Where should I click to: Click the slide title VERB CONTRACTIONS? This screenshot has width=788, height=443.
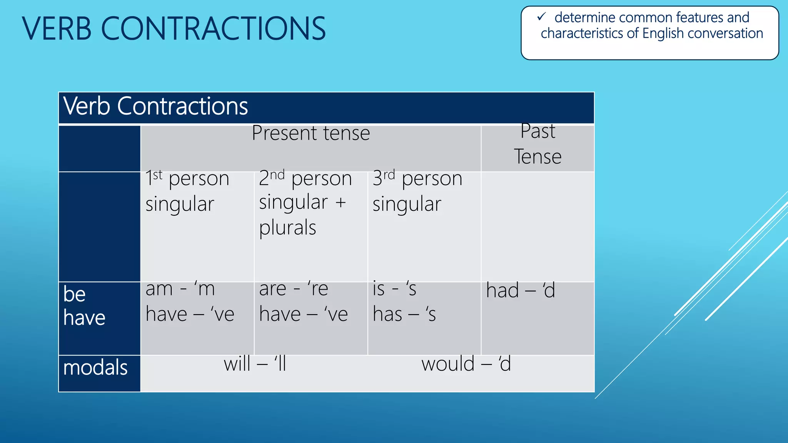pyautogui.click(x=174, y=28)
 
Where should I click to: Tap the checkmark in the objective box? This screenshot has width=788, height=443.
pyautogui.click(x=541, y=17)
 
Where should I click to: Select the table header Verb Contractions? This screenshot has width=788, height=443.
pyautogui.click(x=155, y=106)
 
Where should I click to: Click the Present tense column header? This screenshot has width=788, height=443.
pyautogui.click(x=311, y=133)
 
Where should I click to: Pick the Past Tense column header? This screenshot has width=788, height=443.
pyautogui.click(x=538, y=144)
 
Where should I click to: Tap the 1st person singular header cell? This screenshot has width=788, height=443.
pyautogui.click(x=187, y=191)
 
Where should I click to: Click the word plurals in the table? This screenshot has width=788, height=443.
pyautogui.click(x=287, y=228)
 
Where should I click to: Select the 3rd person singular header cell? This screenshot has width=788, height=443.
pyautogui.click(x=417, y=191)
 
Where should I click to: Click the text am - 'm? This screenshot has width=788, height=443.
pyautogui.click(x=180, y=289)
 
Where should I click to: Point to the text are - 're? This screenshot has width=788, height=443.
pyautogui.click(x=294, y=289)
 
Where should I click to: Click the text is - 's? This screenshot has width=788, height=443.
pyautogui.click(x=394, y=289)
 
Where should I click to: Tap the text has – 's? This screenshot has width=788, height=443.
pyautogui.click(x=404, y=314)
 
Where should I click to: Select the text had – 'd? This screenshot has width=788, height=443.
pyautogui.click(x=520, y=290)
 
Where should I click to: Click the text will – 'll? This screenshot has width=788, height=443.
pyautogui.click(x=255, y=364)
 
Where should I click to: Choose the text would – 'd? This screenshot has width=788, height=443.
pyautogui.click(x=466, y=364)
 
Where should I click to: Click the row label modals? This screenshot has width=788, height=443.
pyautogui.click(x=95, y=368)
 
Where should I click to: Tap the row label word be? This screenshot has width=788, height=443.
pyautogui.click(x=74, y=294)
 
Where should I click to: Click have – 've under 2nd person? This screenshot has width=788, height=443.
pyautogui.click(x=303, y=314)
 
